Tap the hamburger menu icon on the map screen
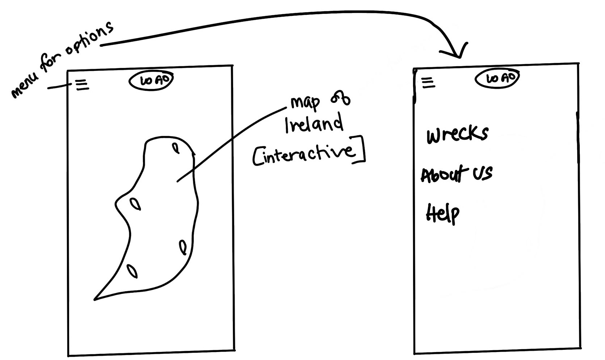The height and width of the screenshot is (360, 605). pos(83,85)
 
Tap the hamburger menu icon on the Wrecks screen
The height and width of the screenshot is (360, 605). pos(428,83)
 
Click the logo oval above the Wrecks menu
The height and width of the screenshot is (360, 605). pos(497,79)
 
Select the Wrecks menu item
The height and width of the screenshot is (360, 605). pos(457,134)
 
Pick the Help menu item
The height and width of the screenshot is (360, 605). pos(442,213)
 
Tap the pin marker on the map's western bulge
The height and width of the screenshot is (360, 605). pos(135,204)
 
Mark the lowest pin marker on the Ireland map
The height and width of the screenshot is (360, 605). pos(132,271)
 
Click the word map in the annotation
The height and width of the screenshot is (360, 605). pos(305,103)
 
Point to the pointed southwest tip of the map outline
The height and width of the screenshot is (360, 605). pos(96,299)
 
